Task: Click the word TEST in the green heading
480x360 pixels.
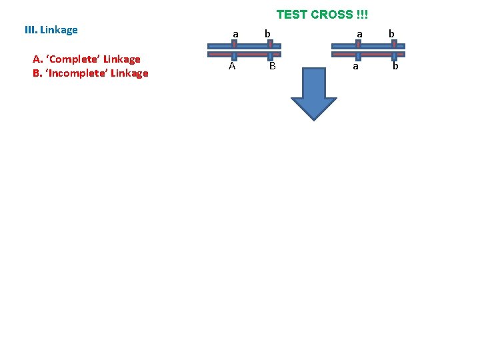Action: click(x=291, y=14)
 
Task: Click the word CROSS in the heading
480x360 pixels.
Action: click(x=331, y=14)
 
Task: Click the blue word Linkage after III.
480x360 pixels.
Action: click(x=59, y=31)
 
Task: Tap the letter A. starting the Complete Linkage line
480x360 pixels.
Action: click(x=37, y=59)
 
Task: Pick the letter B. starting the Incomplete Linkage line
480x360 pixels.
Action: click(x=37, y=73)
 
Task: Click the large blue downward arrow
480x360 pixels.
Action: click(x=313, y=92)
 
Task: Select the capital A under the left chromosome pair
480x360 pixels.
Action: click(x=232, y=66)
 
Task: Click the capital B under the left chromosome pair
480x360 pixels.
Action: click(x=272, y=66)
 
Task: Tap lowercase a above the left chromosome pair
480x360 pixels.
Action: click(x=235, y=33)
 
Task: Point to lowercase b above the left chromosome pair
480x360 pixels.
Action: click(x=267, y=33)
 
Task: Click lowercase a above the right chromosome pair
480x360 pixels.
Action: click(x=359, y=33)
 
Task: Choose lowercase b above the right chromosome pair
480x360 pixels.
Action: click(x=391, y=33)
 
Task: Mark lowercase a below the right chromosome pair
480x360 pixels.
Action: click(x=355, y=67)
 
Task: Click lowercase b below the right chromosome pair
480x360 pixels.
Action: click(x=395, y=66)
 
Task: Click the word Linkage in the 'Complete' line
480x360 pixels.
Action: click(x=122, y=59)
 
